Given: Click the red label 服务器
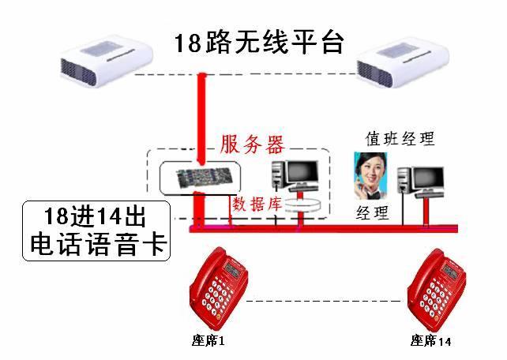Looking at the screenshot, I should pos(252,144).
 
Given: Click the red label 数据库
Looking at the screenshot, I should pos(257,203).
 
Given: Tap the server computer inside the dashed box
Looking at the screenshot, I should pos(294,175).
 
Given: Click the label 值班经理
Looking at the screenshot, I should pos(399,139).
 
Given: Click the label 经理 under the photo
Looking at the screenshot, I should pos(373,212).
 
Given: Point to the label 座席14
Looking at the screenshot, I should pos(430,341).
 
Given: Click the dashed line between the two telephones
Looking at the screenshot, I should pos(324,301).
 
